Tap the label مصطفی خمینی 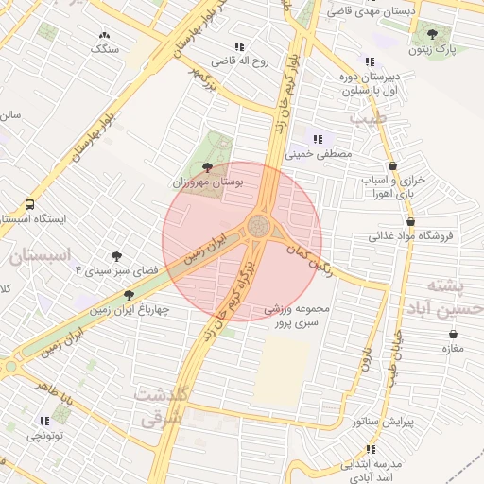click(x=324, y=151)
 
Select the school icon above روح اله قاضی click(x=240, y=45)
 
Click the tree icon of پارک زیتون click(x=433, y=33)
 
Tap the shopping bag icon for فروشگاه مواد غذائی click(x=410, y=221)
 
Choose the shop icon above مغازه click(x=455, y=334)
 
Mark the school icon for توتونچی click(x=44, y=421)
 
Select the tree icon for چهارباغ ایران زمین click(x=130, y=295)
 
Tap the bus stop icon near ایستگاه click(x=30, y=203)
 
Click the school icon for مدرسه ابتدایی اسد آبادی click(x=371, y=449)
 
